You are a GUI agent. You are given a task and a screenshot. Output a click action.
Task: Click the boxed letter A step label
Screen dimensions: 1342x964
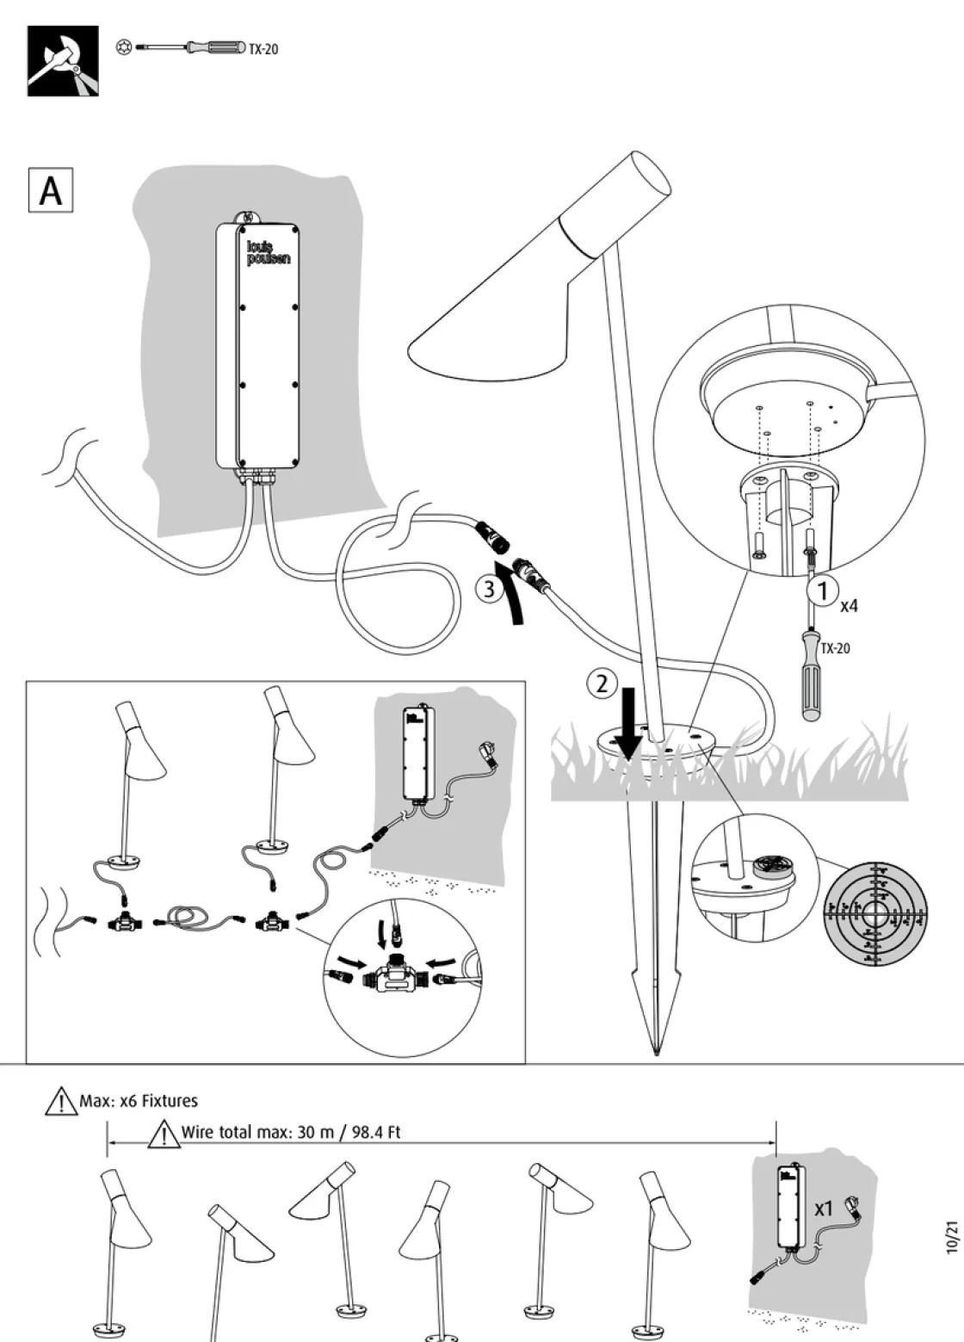(x=51, y=190)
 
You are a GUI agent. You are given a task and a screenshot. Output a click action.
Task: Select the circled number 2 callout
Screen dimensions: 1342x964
(x=602, y=684)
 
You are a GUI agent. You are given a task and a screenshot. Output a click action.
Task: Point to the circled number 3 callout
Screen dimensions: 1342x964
(x=488, y=590)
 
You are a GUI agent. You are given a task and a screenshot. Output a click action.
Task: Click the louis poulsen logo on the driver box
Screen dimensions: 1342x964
(x=268, y=252)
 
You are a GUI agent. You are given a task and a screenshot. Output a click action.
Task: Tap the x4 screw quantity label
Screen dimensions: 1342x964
(x=850, y=605)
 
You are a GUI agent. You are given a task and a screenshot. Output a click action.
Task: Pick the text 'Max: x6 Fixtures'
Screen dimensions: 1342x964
(x=138, y=1101)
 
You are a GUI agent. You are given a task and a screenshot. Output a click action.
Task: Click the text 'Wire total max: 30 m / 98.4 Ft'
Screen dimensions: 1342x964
(x=291, y=1132)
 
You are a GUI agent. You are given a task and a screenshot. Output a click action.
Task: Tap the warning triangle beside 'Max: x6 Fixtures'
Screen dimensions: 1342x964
(x=61, y=1102)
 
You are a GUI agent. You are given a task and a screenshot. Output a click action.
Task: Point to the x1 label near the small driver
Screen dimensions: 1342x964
(x=824, y=1209)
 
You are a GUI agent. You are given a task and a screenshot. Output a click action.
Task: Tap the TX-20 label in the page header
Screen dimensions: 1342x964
(x=263, y=49)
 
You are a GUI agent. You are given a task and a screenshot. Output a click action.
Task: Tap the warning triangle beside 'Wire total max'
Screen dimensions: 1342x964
(x=163, y=1134)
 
